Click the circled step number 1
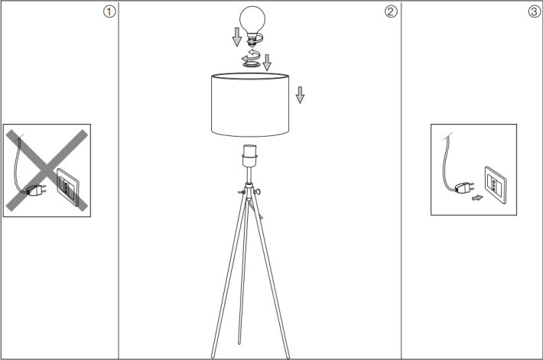109,11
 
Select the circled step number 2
391,11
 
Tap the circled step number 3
535,11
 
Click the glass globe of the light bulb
252,20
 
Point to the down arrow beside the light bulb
237,37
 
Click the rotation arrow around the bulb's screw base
255,39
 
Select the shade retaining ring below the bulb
251,64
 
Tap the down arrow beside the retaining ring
267,63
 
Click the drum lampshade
250,105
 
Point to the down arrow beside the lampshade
300,95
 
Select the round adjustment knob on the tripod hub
258,192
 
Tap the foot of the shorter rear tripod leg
239,342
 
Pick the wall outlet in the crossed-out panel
68,187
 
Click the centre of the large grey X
47,170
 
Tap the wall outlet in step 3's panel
496,185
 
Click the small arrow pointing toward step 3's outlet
477,198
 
